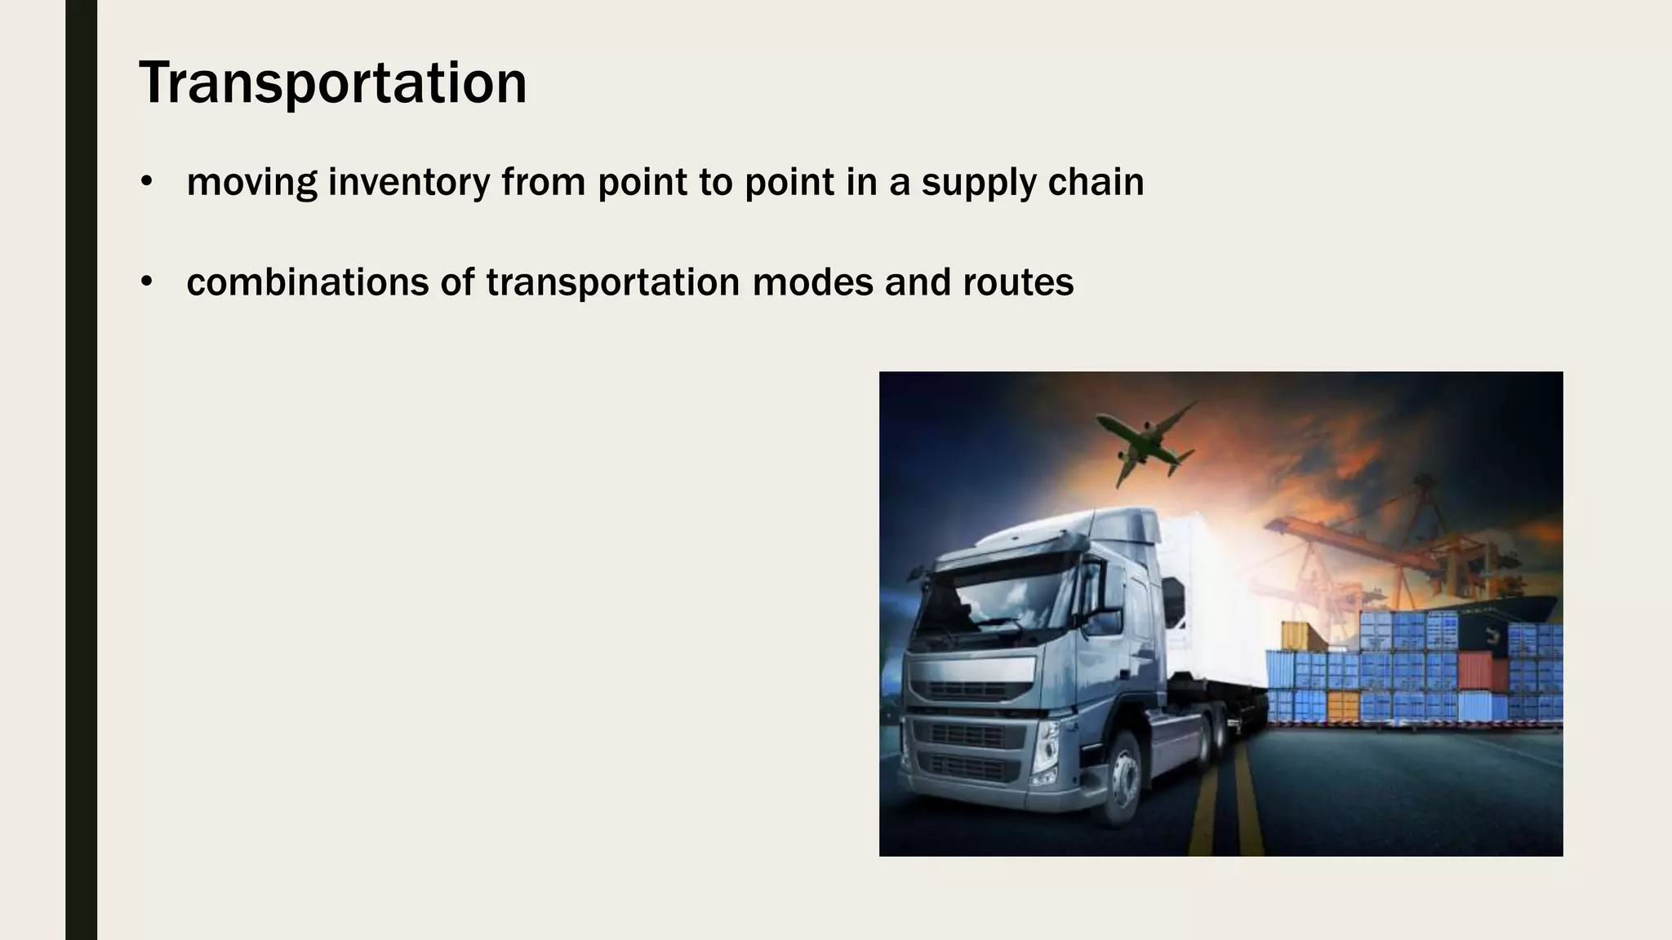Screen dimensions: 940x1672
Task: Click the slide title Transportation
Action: [333, 83]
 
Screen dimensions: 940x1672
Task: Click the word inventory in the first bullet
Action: [408, 182]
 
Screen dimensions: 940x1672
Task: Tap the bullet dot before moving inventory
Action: [147, 181]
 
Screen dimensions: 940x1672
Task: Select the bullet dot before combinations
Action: [147, 282]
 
